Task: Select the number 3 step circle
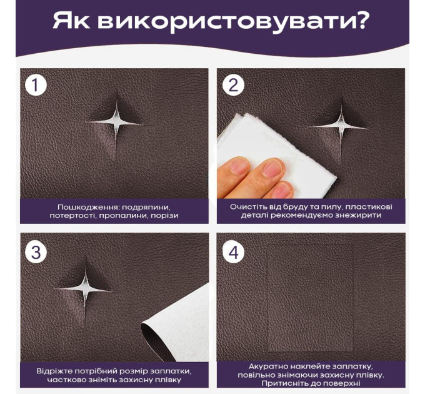click(x=36, y=252)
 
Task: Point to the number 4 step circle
click(x=233, y=252)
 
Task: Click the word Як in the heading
click(x=71, y=21)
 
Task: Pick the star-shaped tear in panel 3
click(x=85, y=290)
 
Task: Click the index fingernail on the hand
click(x=272, y=168)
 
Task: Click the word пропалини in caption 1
click(x=122, y=216)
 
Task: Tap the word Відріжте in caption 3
click(x=54, y=371)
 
